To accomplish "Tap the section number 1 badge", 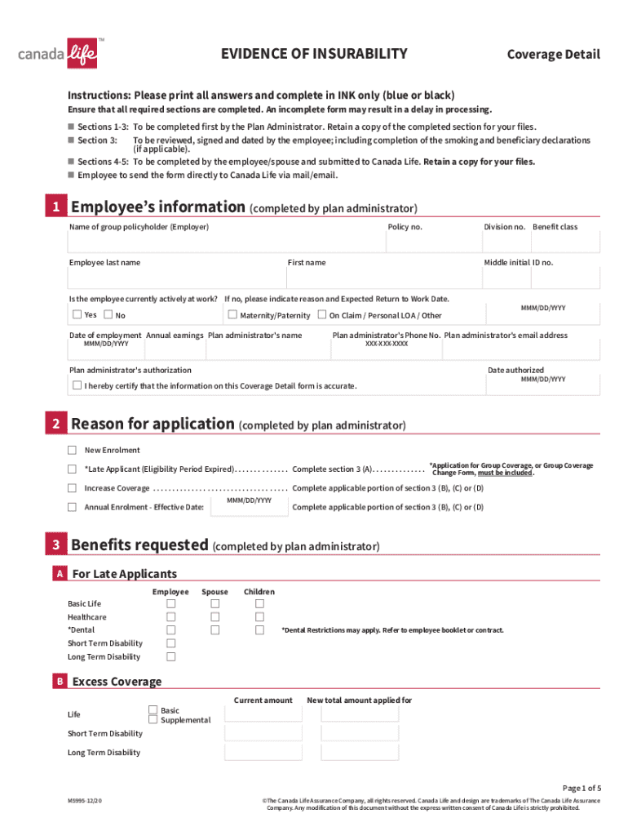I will (55, 207).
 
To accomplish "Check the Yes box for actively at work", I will (77, 314).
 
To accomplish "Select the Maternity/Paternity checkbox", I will (232, 314).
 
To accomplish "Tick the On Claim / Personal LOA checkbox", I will (322, 314).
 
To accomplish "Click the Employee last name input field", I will (175, 278).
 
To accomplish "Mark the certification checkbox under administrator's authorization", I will (77, 385).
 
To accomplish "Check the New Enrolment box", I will (72, 450).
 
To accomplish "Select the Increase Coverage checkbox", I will (72, 488).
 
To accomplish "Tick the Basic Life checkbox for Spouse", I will (215, 604).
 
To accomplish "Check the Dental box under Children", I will (259, 630).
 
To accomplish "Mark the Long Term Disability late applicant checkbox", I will (171, 656).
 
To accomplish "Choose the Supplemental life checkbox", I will (153, 719).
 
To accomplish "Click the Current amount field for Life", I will (263, 714).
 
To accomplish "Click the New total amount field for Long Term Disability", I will (360, 752).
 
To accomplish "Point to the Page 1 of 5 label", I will (581, 788).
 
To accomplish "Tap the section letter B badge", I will (60, 682).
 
